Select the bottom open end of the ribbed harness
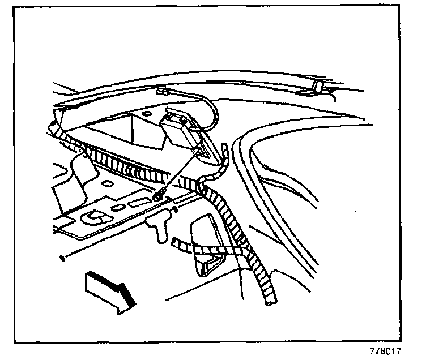[267, 305]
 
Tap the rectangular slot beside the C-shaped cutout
[137, 203]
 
